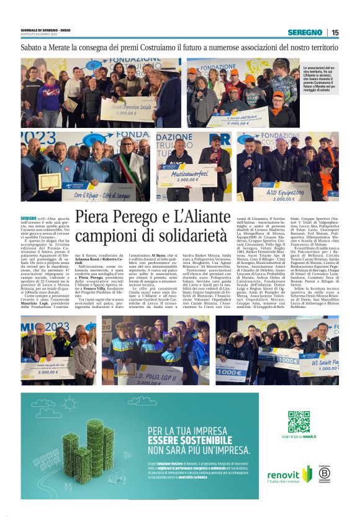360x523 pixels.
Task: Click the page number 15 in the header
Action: pyautogui.click(x=335, y=32)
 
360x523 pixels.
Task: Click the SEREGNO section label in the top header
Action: pyautogui.click(x=305, y=32)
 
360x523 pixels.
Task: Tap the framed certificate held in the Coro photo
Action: pyautogui.click(x=47, y=181)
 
